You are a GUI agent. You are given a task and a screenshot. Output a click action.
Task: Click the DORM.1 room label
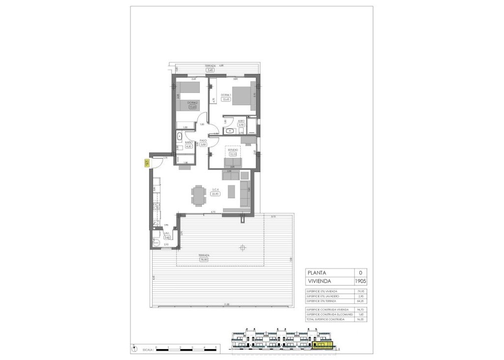226,95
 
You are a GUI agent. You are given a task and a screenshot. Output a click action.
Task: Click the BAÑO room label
188,142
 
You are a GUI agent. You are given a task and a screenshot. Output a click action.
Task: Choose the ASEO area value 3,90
241,125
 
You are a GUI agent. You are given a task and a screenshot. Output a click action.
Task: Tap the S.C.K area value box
215,194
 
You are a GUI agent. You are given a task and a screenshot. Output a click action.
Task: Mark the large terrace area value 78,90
204,259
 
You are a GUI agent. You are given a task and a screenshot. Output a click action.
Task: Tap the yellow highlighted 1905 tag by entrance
147,163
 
